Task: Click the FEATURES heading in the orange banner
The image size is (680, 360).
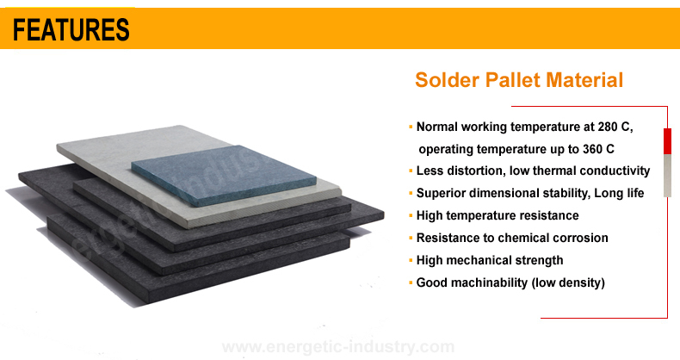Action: click(71, 29)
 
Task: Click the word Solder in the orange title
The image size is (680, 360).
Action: click(447, 80)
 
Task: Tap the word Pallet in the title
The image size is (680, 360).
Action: click(513, 80)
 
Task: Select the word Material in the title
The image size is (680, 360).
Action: click(584, 80)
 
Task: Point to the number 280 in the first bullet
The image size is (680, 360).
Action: click(608, 127)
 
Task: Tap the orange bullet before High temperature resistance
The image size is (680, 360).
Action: click(411, 215)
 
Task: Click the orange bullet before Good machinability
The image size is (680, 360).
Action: click(411, 282)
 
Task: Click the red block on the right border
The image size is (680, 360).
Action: click(667, 141)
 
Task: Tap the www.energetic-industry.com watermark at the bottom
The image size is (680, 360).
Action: click(338, 347)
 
